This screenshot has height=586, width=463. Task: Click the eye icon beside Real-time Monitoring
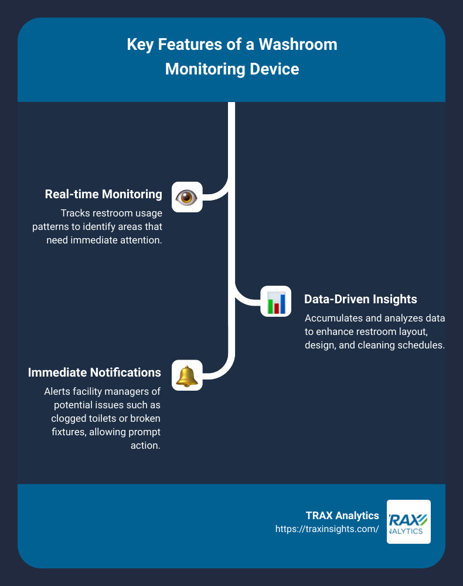(x=187, y=197)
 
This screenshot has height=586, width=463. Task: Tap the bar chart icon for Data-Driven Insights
(x=276, y=302)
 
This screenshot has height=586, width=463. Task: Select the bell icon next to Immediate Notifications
(x=187, y=375)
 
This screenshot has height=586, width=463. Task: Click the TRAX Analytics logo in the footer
(x=408, y=521)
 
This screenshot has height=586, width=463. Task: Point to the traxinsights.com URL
(x=327, y=529)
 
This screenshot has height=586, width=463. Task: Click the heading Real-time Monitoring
(x=103, y=195)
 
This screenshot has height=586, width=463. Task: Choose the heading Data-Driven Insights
(x=360, y=299)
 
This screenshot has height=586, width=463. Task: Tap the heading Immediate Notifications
(x=94, y=372)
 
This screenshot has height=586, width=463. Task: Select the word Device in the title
(x=275, y=69)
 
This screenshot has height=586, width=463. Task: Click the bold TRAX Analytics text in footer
(x=342, y=516)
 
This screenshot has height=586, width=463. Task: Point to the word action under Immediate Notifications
(x=148, y=445)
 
